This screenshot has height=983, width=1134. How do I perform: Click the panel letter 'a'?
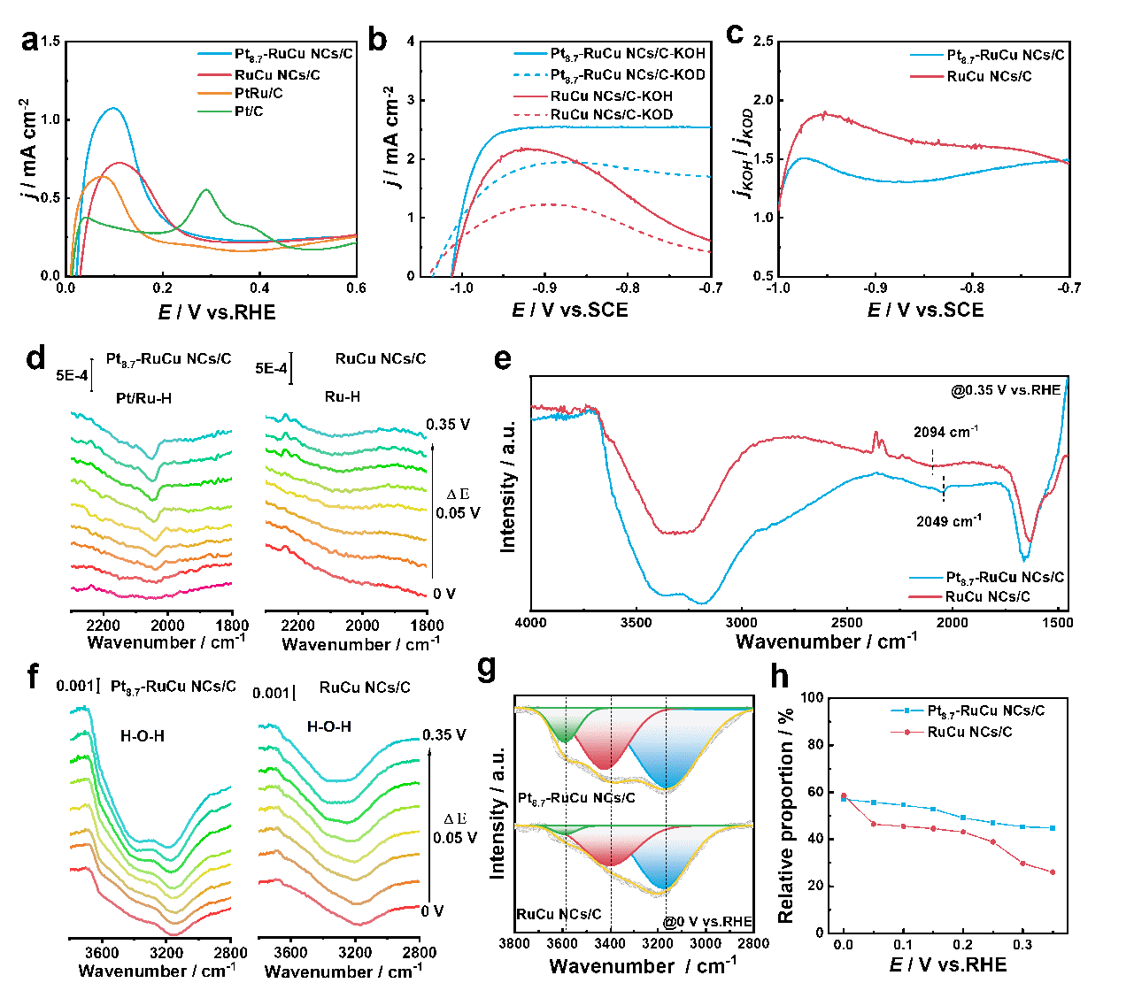point(30,42)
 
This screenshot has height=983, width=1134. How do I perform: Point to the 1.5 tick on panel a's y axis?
point(50,42)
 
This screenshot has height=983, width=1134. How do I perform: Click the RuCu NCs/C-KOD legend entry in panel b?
point(612,115)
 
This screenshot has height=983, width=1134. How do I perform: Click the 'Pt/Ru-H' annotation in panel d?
point(143,398)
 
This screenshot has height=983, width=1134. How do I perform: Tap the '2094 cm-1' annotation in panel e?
point(946,433)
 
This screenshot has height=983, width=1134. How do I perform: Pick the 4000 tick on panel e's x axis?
point(531,623)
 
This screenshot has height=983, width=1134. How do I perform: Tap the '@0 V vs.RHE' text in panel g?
point(709,923)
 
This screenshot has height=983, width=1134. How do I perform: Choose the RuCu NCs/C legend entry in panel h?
point(969,733)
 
